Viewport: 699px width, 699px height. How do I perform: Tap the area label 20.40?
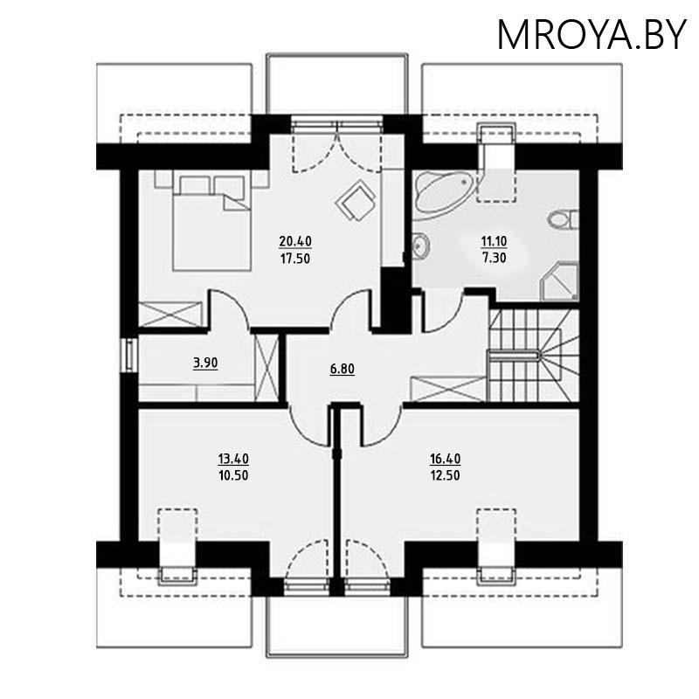click(x=295, y=240)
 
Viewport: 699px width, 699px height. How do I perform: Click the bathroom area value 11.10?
click(x=495, y=240)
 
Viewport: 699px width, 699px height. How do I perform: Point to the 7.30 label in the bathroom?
click(x=495, y=258)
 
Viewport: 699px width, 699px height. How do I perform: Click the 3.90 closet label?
click(x=204, y=363)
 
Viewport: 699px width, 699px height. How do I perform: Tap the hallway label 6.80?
click(x=343, y=369)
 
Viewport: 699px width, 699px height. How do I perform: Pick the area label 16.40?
click(x=445, y=458)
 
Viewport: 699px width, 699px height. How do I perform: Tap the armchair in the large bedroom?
click(x=355, y=202)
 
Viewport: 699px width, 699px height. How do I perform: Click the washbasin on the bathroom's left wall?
click(x=421, y=247)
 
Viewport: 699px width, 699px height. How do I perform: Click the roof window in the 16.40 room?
click(x=495, y=542)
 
